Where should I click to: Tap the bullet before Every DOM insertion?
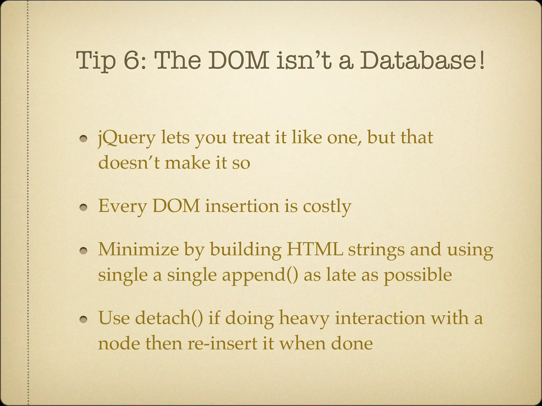click(84, 208)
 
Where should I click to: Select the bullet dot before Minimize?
click(84, 251)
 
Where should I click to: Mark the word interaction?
click(380, 318)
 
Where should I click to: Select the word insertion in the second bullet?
click(242, 206)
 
